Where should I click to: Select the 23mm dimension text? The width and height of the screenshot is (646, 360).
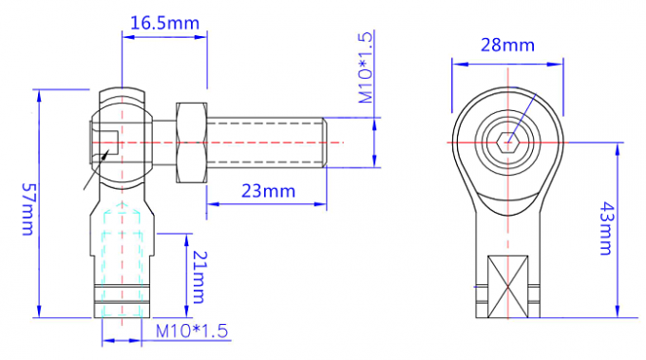point(267,191)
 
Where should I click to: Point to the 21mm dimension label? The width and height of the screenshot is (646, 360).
point(198,276)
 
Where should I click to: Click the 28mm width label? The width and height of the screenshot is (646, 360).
point(506,45)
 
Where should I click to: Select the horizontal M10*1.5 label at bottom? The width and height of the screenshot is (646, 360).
point(192,331)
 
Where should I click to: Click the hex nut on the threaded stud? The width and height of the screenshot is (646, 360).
point(190,142)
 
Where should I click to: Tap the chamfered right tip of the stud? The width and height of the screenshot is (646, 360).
point(325,142)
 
